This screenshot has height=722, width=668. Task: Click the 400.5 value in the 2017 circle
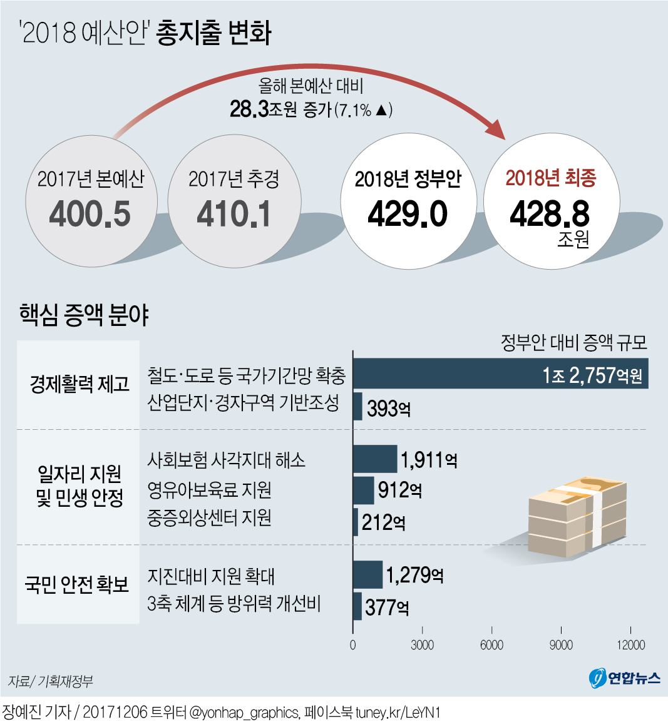[x=90, y=215]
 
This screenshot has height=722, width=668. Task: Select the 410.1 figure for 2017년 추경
[x=234, y=215]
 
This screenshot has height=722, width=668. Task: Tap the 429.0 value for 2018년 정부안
[x=408, y=215]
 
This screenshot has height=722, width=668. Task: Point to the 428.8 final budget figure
[x=550, y=215]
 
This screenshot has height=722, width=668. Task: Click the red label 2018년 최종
[x=551, y=178]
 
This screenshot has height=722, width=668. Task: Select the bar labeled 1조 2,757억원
[x=500, y=374]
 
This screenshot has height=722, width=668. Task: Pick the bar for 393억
[x=358, y=407]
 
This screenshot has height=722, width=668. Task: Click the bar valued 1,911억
[x=375, y=459]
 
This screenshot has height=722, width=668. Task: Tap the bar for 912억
[x=364, y=490]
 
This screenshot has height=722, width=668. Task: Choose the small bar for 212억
[x=356, y=522]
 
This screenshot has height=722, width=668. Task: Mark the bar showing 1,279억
[x=368, y=574]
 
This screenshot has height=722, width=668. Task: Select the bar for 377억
[x=357, y=606]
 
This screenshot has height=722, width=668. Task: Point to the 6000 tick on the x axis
[x=491, y=645]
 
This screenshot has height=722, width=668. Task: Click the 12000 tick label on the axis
[x=630, y=645]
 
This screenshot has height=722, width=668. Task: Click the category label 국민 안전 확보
[x=77, y=584]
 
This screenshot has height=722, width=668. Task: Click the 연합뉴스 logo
[x=625, y=678]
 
